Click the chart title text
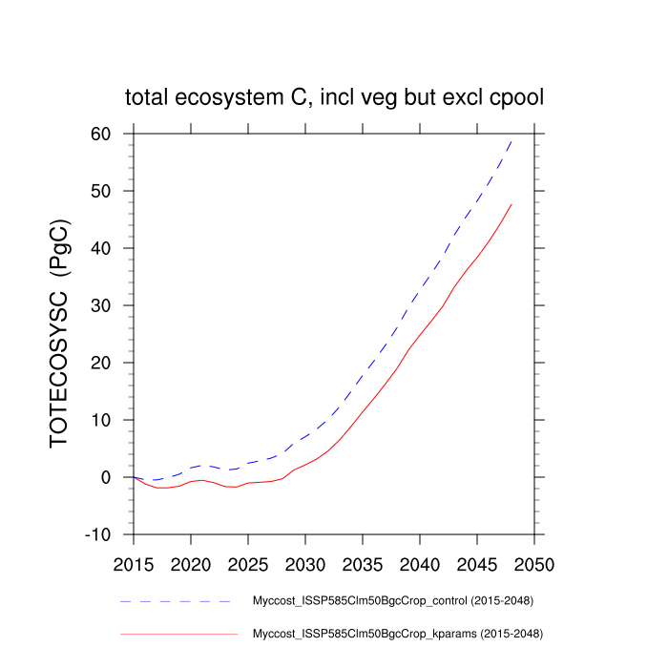(334, 97)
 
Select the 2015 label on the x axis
(134, 564)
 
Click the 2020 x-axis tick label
(191, 564)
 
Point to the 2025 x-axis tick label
(248, 564)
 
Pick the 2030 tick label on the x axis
(305, 564)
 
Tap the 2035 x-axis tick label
(363, 564)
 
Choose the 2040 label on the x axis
(420, 564)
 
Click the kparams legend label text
(396, 633)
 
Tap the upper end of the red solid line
(511, 204)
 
